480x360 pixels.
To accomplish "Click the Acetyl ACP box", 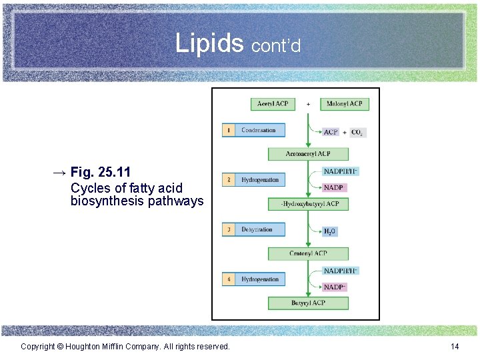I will [x=272, y=104].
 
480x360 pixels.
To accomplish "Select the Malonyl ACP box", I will [x=344, y=104].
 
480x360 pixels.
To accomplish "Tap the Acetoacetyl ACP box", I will [x=308, y=154].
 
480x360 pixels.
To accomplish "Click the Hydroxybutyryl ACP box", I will [x=309, y=204].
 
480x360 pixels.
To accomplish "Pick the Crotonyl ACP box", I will [x=308, y=253].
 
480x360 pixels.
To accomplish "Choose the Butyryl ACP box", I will [x=308, y=303].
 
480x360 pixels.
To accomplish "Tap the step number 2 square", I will [x=229, y=180].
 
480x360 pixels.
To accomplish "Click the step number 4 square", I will [x=229, y=279].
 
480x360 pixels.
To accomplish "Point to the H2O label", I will [x=330, y=231].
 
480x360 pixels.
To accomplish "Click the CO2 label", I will [x=358, y=132].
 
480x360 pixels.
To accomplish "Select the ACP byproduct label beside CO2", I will [x=331, y=132].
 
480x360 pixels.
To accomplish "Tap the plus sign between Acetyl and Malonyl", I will [x=308, y=104].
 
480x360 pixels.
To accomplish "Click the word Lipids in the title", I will [x=209, y=43].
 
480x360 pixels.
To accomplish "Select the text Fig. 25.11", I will [x=100, y=173].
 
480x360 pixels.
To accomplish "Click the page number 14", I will [x=455, y=346].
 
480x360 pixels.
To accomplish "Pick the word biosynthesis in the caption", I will [x=105, y=201].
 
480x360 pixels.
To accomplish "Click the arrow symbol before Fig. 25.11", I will [x=59, y=173].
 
